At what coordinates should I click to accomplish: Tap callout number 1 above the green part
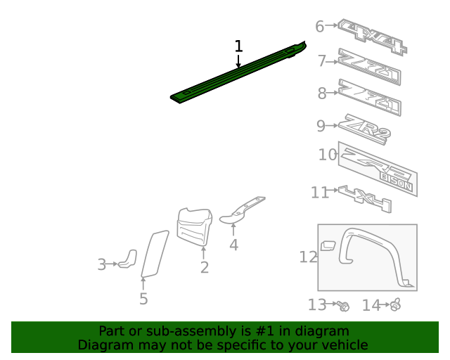coord(238,46)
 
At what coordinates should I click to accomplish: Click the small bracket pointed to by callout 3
coord(128,259)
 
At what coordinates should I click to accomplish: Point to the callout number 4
coord(233,245)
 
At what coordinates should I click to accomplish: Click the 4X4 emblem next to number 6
coord(373,35)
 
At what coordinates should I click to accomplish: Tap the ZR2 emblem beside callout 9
coord(364,129)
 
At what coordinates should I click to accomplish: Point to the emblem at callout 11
coord(364,199)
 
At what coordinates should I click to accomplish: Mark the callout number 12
coord(308,257)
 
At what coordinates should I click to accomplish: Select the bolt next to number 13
coord(343,305)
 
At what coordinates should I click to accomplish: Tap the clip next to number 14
coord(396,304)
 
